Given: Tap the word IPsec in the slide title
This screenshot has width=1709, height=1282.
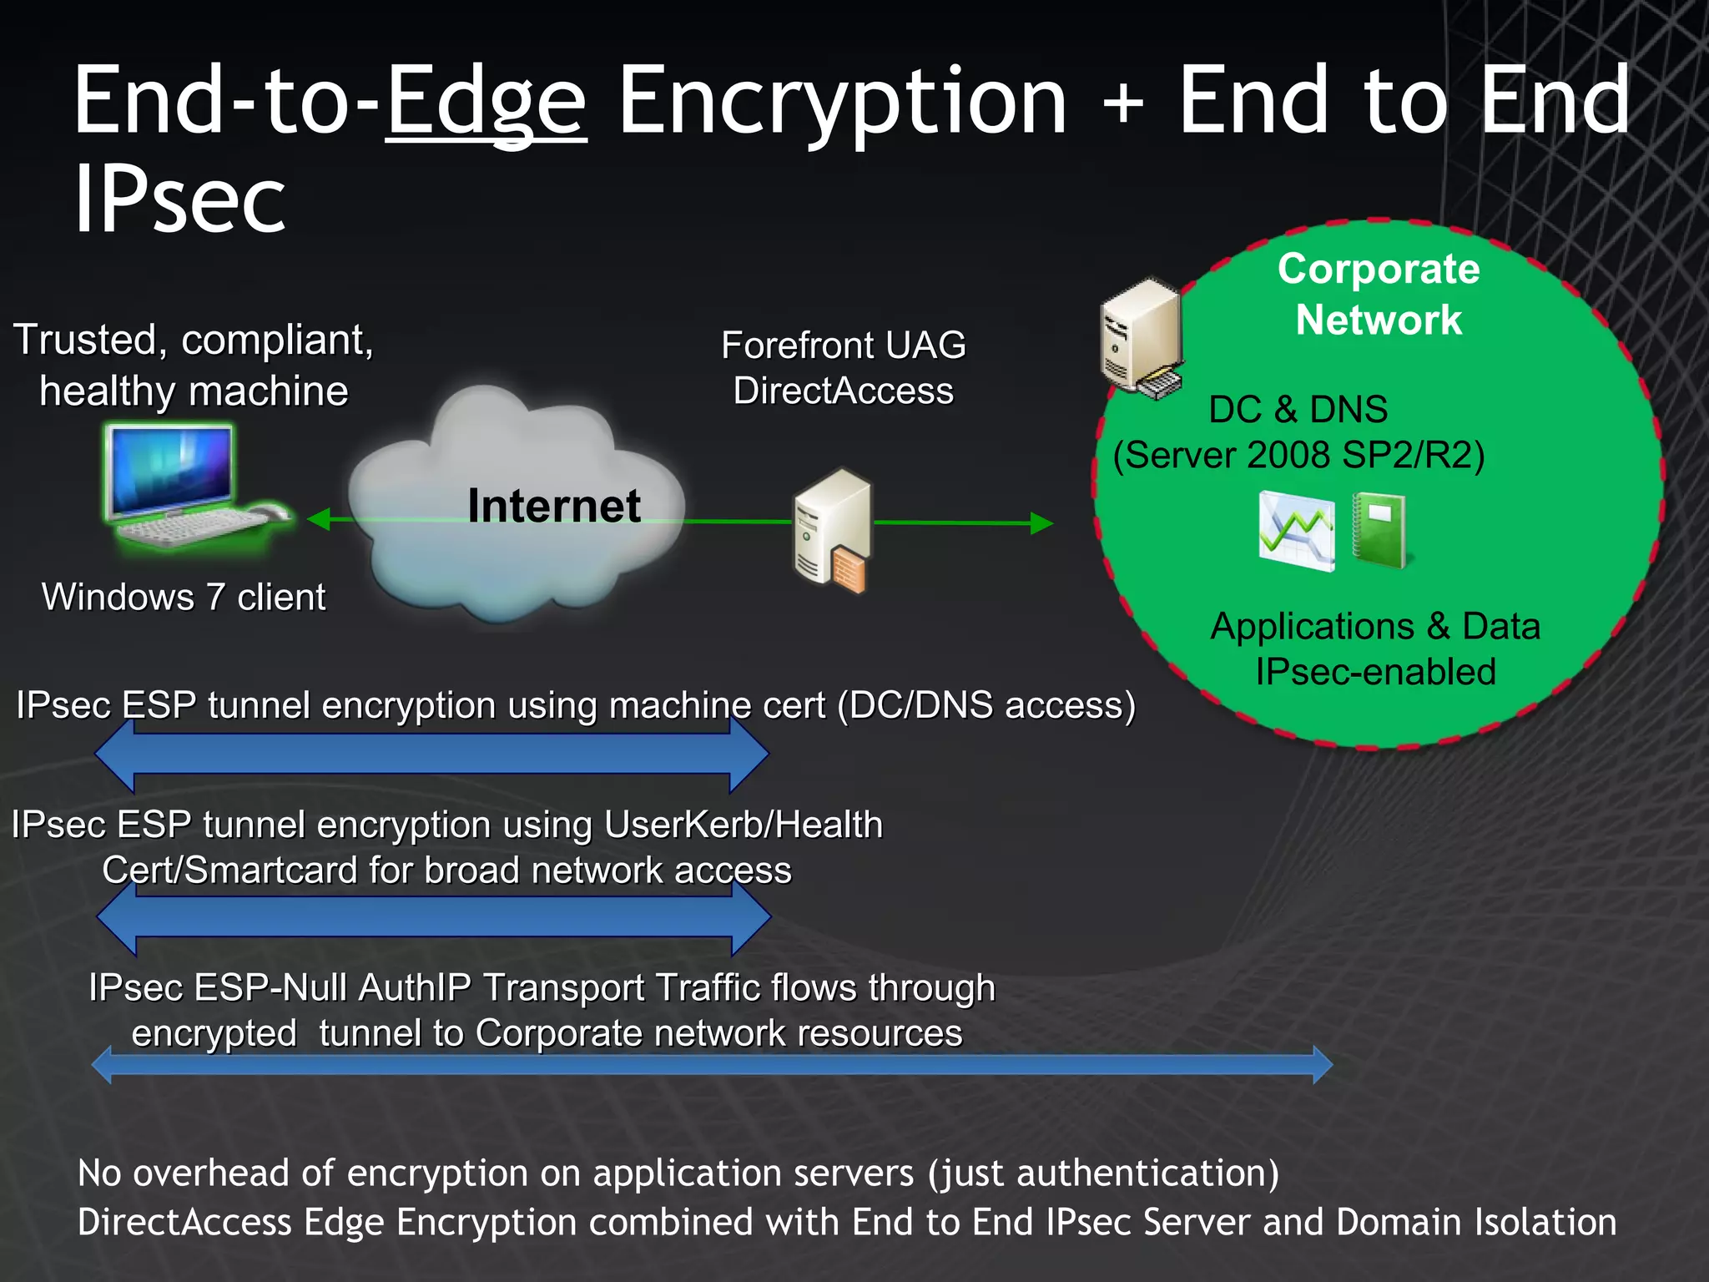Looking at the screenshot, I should coord(179,200).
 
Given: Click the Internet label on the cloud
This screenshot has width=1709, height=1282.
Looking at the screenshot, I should coord(554,506).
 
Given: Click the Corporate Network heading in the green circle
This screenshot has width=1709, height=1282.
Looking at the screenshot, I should coord(1379,295).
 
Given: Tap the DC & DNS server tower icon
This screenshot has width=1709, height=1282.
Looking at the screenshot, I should coord(1142,338).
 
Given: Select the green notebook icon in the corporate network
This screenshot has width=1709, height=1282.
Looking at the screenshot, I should coord(1379,531).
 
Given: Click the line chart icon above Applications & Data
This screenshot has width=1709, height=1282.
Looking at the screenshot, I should coord(1296,531).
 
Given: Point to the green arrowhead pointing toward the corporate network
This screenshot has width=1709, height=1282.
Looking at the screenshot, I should coord(1041,523).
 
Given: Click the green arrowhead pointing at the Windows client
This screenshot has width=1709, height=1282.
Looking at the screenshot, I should coord(319,519).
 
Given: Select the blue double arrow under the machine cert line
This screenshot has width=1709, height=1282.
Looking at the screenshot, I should coord(431,755).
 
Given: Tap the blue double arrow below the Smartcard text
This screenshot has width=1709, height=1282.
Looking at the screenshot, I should coord(433,917).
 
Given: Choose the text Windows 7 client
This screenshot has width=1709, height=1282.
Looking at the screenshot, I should coord(184,598).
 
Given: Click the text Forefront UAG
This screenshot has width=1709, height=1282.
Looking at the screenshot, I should coord(843,346).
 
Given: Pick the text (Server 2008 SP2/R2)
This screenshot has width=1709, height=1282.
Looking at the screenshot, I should coord(1298,456).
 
